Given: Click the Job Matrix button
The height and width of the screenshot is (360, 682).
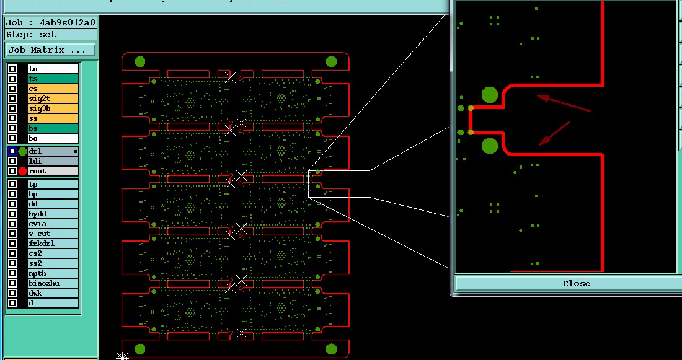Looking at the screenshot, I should (51, 50).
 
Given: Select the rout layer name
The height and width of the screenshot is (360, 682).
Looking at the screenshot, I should (53, 171).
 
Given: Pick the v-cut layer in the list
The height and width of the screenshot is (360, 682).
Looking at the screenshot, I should (53, 234).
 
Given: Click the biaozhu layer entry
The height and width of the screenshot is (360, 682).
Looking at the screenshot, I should (53, 283).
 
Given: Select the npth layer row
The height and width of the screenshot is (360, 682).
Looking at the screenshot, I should (53, 273).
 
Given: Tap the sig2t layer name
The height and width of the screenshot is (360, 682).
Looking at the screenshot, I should (53, 108).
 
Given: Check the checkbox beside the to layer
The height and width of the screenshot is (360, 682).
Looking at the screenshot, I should (12, 69).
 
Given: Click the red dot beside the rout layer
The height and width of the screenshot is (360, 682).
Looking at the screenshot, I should (22, 171).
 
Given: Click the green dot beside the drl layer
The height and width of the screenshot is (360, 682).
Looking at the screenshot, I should (22, 151).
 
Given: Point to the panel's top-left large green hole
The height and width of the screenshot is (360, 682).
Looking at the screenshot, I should (140, 61).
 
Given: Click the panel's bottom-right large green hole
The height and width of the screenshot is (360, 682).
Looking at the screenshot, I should (331, 349).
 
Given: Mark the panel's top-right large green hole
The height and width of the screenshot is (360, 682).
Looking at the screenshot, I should (331, 61).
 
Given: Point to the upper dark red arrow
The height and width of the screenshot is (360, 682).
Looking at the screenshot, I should (564, 103).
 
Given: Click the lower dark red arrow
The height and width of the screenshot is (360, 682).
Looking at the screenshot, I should (554, 133).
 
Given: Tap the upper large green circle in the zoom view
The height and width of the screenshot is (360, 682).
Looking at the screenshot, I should (490, 95).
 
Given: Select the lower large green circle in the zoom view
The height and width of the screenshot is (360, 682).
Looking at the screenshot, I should (490, 146).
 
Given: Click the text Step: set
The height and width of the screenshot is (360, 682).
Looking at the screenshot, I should (31, 35).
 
